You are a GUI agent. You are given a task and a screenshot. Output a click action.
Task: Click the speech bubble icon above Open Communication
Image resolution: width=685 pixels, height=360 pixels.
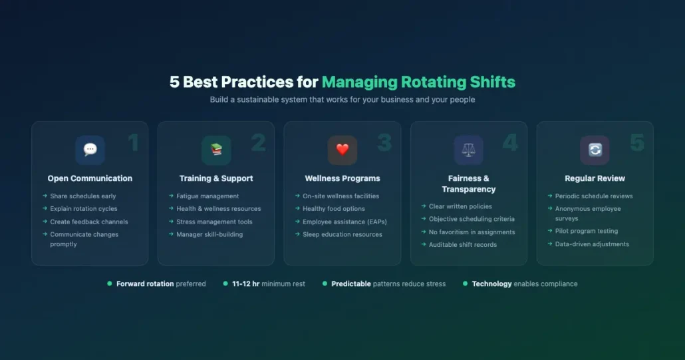[x=90, y=150]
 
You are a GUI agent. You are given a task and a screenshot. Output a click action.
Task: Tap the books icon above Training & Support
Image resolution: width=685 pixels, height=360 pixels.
[x=216, y=150]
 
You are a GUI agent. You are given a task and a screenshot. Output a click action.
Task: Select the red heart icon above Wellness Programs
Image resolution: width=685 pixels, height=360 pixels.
[x=342, y=150]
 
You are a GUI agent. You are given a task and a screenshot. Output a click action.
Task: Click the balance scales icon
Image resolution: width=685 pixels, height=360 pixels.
[x=469, y=150]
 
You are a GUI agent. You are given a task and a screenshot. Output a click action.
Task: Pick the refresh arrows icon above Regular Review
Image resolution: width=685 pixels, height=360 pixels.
[x=595, y=150]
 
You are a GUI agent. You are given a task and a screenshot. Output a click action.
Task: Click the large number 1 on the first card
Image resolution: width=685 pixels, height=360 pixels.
[x=133, y=143]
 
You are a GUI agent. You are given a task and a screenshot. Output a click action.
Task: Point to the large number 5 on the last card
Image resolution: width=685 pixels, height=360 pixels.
[x=637, y=143]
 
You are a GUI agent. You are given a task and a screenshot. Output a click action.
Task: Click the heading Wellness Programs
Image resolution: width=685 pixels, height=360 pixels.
[x=342, y=178]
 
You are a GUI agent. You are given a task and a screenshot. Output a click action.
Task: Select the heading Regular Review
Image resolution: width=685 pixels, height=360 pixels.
[x=595, y=178]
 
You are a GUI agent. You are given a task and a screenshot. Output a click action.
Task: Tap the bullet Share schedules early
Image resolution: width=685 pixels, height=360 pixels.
[x=83, y=196]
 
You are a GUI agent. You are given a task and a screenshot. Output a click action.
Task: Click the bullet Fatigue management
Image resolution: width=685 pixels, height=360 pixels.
[x=207, y=196]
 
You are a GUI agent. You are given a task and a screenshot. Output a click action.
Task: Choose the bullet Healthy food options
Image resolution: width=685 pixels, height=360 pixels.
[x=334, y=209]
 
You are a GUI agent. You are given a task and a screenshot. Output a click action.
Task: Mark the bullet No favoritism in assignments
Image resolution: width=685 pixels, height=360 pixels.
[x=472, y=232]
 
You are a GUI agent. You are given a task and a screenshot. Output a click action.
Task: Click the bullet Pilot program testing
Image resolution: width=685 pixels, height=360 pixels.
[x=587, y=232]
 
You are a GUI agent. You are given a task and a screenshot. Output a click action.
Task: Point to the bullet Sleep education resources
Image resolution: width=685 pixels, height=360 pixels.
[x=342, y=234]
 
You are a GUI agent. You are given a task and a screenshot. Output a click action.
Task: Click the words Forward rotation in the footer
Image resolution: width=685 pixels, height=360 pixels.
[x=146, y=284]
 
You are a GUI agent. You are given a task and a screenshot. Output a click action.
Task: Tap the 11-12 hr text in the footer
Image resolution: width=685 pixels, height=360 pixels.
[x=246, y=284]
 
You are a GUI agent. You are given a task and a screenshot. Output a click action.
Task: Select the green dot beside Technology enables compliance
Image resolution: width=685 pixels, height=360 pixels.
[x=465, y=283]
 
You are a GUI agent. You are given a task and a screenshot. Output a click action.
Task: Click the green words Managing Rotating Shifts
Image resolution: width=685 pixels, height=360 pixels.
[x=418, y=83]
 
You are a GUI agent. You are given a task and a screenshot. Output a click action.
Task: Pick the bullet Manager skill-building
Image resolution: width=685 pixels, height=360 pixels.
[x=209, y=234]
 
